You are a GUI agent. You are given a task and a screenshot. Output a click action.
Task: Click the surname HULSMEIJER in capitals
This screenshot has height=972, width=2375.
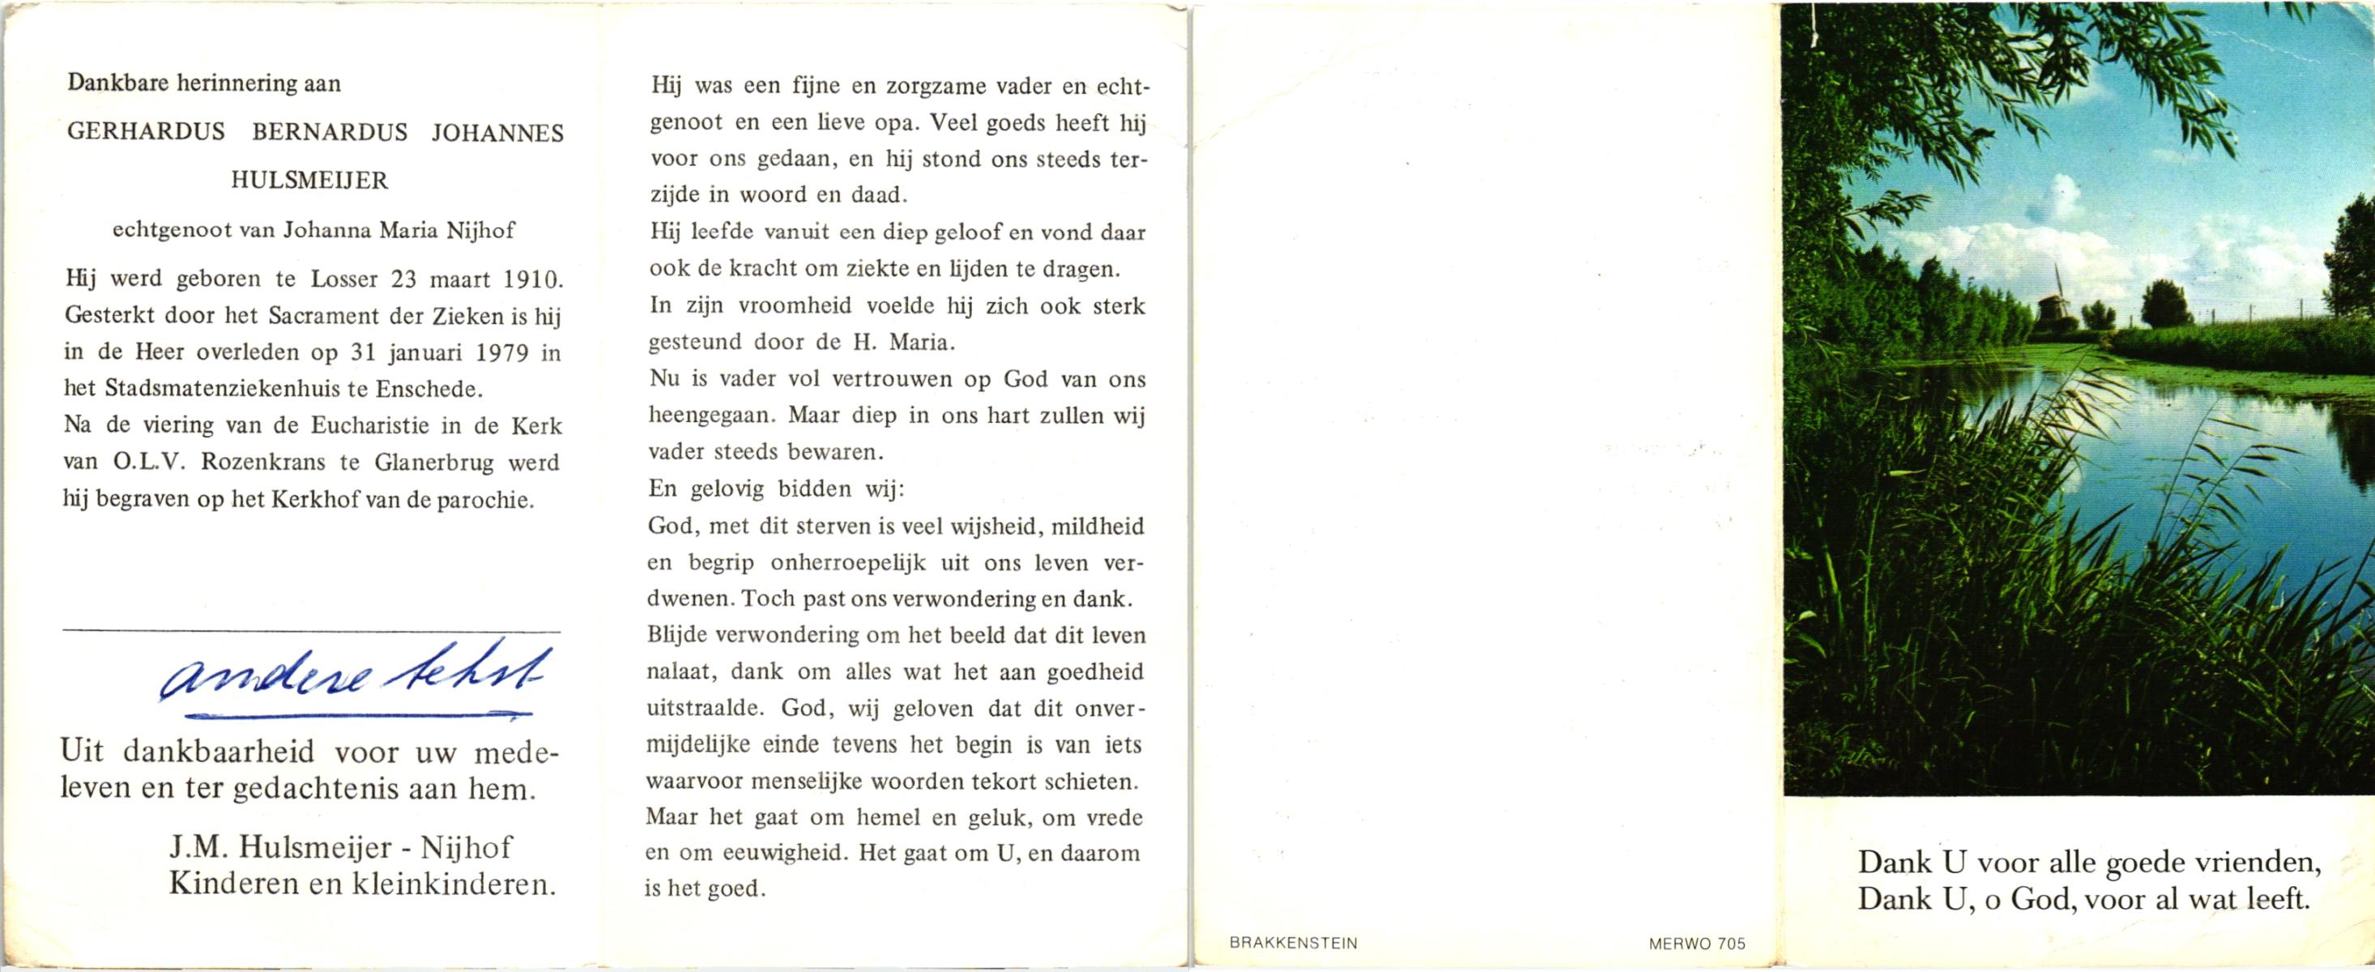tap(309, 181)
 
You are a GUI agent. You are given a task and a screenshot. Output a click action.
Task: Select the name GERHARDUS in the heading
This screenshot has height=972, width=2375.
tap(146, 133)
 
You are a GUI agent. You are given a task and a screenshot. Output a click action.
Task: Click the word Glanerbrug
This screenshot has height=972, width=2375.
tap(435, 462)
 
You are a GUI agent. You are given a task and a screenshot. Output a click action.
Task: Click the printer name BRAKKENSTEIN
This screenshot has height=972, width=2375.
tap(1293, 944)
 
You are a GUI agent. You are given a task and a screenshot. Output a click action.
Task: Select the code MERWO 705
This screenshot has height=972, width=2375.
tap(1695, 944)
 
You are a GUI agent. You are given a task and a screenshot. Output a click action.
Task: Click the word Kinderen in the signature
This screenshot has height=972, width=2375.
tap(229, 885)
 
